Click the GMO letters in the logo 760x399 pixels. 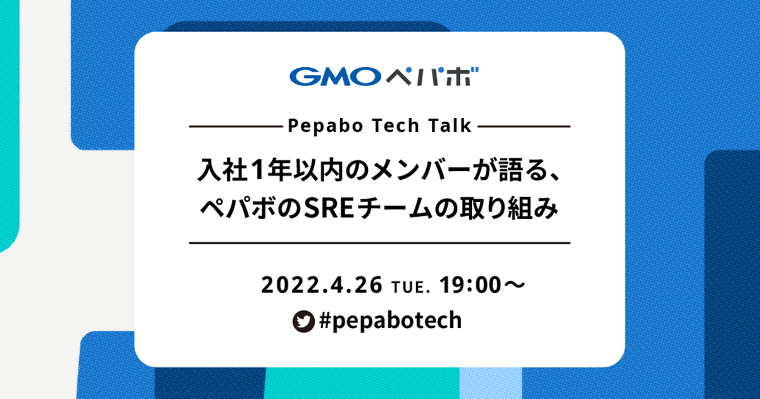tap(335, 77)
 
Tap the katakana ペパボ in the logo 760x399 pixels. tap(432, 77)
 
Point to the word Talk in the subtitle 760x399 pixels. tap(450, 125)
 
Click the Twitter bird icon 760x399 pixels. tap(303, 321)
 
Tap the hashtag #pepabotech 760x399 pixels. tap(391, 321)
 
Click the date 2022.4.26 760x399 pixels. tap(322, 285)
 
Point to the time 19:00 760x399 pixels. tap(470, 285)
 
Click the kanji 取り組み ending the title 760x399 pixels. tap(508, 208)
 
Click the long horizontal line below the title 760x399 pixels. tap(379, 243)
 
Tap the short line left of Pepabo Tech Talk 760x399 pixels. tap(236, 127)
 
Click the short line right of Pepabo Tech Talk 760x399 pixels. tap(524, 127)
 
